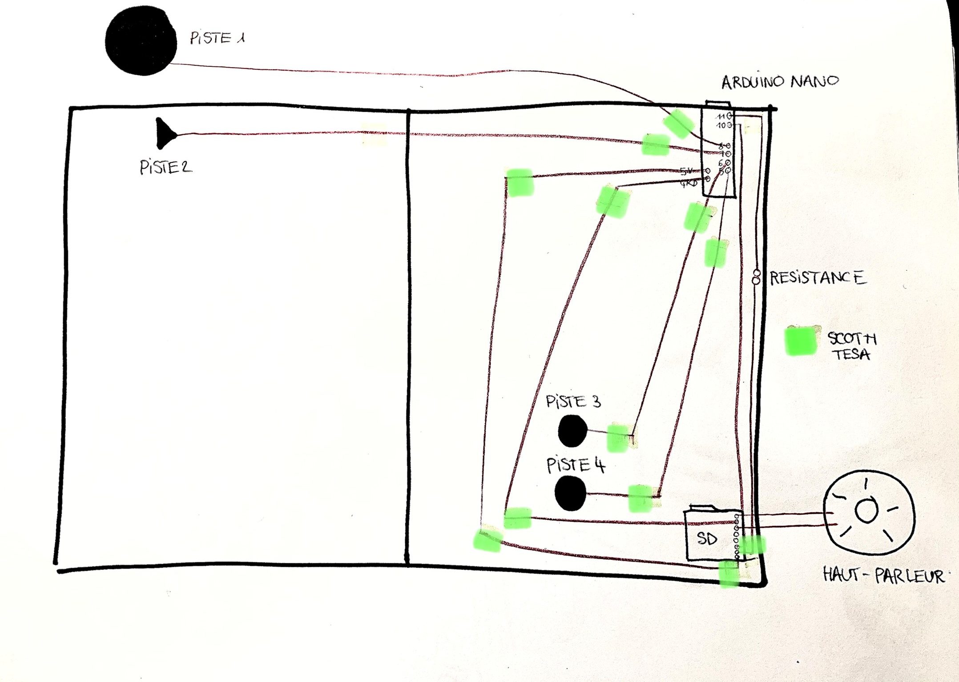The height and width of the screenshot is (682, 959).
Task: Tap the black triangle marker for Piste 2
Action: [x=165, y=133]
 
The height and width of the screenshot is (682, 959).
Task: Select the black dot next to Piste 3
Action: [x=572, y=430]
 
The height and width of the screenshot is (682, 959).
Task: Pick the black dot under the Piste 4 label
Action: [x=570, y=493]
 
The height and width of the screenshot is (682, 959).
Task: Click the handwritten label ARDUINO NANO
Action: [x=780, y=82]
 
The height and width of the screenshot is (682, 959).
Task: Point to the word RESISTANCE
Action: [x=818, y=278]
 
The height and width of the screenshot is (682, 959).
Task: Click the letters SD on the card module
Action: [x=707, y=539]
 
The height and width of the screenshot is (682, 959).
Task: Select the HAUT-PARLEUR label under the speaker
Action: [x=883, y=575]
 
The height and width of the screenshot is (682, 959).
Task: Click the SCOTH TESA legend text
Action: [x=851, y=346]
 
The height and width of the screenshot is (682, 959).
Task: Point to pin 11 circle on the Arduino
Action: [x=729, y=116]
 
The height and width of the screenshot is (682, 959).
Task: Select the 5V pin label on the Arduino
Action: [x=686, y=171]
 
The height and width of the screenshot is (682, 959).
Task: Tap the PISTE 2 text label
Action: [x=165, y=168]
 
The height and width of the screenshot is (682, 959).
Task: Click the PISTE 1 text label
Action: [x=217, y=38]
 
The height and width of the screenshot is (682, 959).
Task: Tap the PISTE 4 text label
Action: [x=576, y=465]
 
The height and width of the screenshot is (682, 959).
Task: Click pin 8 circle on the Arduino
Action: [x=728, y=145]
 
